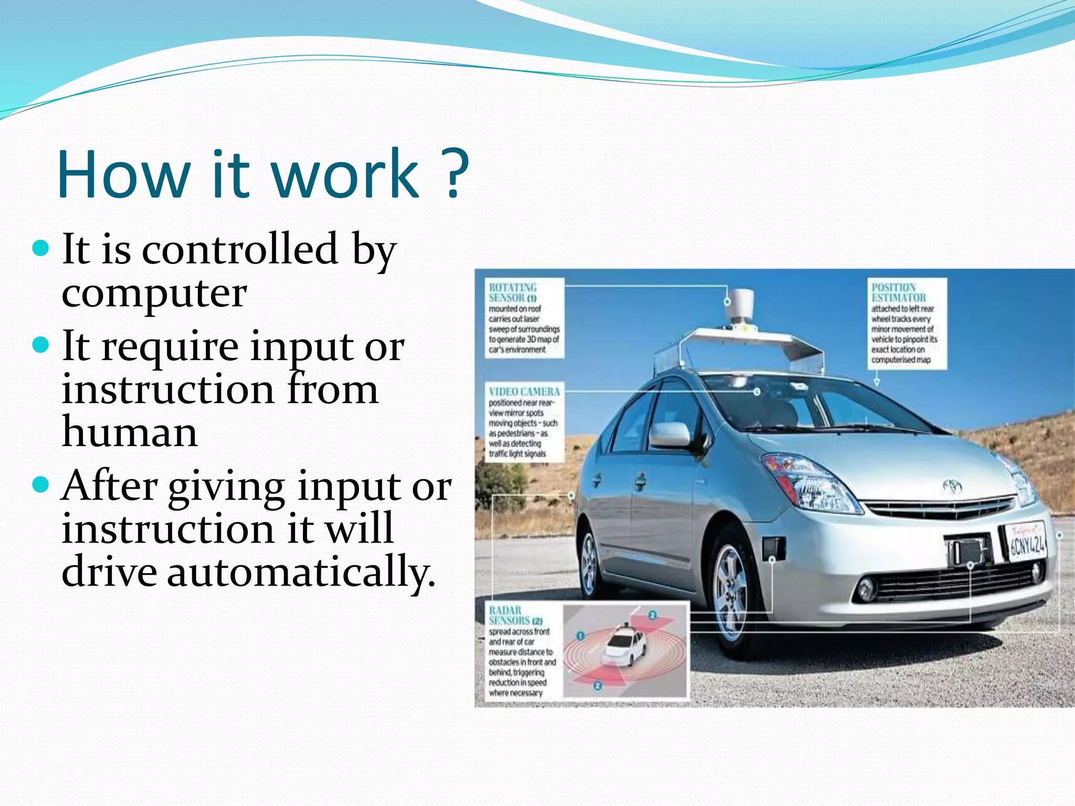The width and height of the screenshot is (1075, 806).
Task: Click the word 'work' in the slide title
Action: (x=346, y=174)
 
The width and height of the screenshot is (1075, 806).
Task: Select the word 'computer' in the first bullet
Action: (x=154, y=293)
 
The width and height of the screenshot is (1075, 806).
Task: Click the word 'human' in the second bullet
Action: (x=130, y=432)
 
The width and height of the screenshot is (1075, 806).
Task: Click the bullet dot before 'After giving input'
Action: (x=40, y=483)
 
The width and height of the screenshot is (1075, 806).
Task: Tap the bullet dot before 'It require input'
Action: (x=40, y=345)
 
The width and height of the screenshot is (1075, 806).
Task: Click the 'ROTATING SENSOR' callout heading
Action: (x=512, y=292)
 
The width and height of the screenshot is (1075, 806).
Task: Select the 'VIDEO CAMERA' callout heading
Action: (x=524, y=391)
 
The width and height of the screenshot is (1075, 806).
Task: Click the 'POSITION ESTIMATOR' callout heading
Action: (x=898, y=292)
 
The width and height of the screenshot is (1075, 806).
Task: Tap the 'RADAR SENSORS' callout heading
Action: (x=509, y=615)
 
